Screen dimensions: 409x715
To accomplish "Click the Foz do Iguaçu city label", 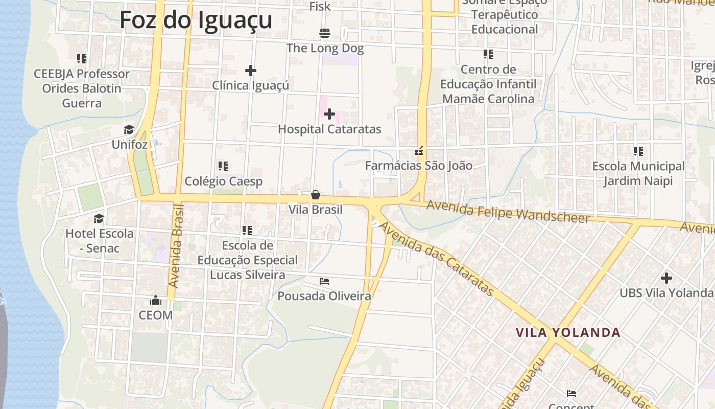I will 196,20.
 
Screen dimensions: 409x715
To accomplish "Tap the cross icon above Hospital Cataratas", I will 329,113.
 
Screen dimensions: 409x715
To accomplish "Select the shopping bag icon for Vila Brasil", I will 316,195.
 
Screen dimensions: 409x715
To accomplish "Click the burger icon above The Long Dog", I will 325,33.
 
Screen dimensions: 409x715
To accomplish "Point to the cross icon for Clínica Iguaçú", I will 250,71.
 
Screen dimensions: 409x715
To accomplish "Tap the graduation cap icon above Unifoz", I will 129,130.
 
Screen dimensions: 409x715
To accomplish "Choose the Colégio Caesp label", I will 224,181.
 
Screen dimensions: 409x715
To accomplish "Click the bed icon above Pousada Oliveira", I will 324,281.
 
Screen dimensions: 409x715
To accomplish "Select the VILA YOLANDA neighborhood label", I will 568,333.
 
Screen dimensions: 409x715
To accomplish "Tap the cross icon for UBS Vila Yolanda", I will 666,278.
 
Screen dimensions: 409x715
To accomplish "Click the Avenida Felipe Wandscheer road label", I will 508,211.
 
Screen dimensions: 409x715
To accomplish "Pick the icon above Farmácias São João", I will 419,151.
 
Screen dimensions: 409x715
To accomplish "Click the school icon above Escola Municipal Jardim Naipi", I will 638,151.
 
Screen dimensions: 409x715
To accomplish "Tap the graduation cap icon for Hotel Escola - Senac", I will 99,219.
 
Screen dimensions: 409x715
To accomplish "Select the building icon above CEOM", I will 156,300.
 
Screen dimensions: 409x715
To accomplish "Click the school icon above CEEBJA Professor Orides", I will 82,59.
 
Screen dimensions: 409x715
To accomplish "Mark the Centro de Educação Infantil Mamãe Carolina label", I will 488,84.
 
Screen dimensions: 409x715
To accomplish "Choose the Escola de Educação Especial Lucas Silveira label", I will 247,260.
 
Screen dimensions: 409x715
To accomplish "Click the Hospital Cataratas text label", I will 329,129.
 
